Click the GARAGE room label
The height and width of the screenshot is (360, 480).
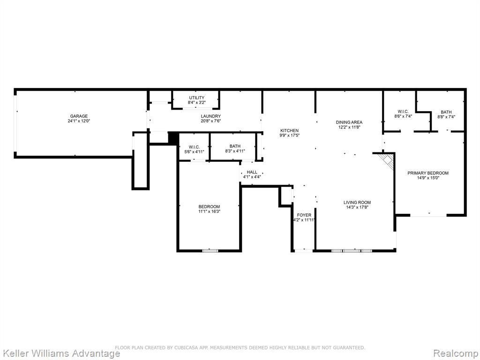(79, 116)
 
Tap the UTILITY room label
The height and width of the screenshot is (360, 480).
(196, 97)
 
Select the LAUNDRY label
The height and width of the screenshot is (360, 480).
(210, 116)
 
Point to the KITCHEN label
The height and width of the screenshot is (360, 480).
(289, 130)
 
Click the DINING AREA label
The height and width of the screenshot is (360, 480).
(349, 122)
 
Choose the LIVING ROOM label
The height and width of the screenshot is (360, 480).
(357, 202)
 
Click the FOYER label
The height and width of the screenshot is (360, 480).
(304, 215)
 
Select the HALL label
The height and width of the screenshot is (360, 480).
(252, 172)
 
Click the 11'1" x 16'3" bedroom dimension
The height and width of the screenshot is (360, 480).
(209, 211)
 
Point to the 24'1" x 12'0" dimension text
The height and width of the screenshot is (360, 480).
(79, 121)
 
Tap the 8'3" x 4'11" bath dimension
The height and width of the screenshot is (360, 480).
(235, 151)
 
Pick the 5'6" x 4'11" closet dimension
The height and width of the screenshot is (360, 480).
(194, 152)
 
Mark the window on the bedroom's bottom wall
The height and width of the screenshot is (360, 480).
(210, 251)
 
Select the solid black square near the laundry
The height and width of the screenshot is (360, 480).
(173, 138)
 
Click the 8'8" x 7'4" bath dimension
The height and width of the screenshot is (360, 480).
(446, 117)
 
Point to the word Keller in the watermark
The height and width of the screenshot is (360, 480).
(14, 353)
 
